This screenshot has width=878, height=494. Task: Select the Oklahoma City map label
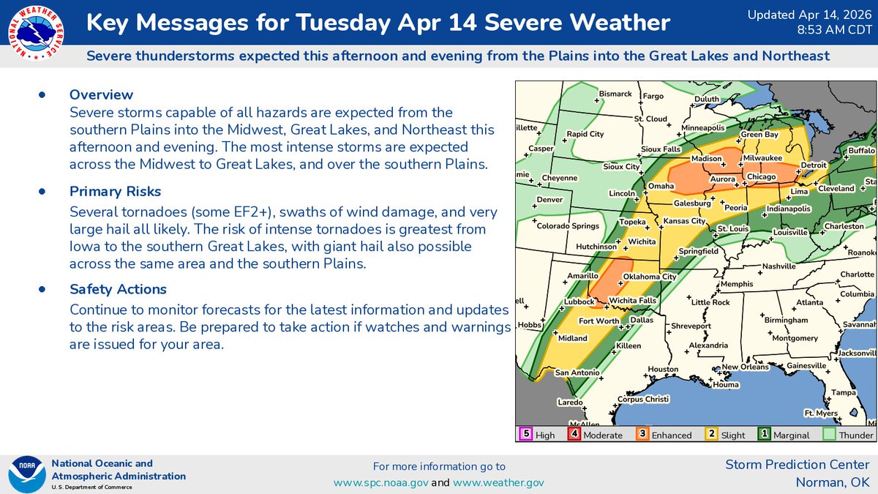point(649,277)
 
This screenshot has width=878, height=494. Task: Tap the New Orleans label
point(745,367)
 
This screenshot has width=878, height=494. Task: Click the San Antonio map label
point(577,373)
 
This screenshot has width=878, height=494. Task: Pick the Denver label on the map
point(549,200)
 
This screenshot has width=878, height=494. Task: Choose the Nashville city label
point(778,266)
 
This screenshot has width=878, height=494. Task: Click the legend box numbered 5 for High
point(525,434)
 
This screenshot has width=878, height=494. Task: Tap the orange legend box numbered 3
point(641,434)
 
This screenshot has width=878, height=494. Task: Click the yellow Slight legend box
point(710,434)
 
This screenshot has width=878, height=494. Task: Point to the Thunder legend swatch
point(830,434)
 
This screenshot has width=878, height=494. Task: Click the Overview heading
point(101,94)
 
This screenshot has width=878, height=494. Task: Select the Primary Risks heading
point(115,192)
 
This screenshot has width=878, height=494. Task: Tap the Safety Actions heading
point(119,289)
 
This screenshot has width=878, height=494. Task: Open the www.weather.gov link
point(498,482)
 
